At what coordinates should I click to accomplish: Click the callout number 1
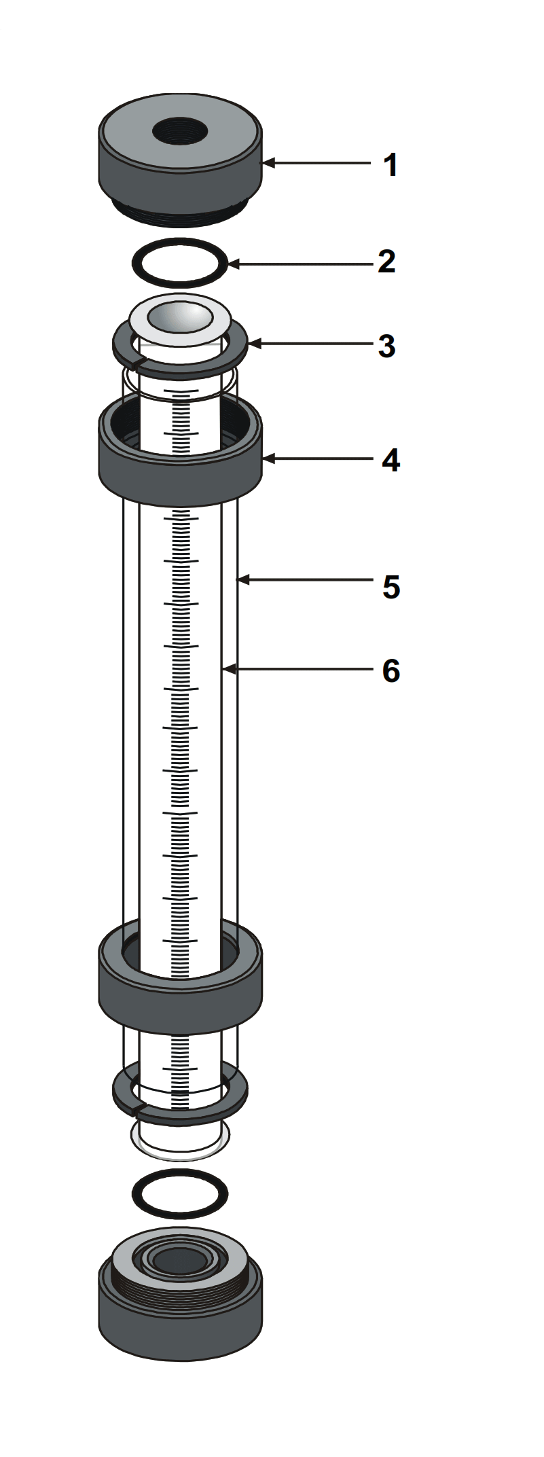390,165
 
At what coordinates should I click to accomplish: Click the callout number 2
387,262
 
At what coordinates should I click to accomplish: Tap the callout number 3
387,346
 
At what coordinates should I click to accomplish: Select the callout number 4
391,461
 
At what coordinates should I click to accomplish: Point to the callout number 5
391,587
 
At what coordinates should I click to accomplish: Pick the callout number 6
391,670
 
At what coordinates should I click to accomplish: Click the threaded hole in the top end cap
180,130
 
